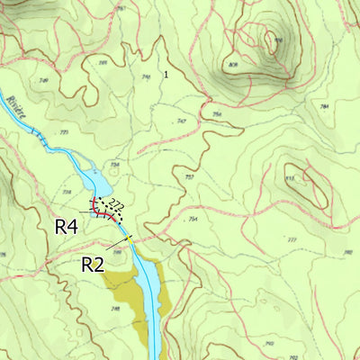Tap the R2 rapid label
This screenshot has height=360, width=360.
click(x=94, y=264)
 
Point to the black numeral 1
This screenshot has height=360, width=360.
click(x=166, y=74)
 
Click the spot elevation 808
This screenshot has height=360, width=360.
click(x=233, y=65)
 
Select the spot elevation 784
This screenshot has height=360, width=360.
click(x=323, y=106)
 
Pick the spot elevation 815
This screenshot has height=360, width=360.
click(x=290, y=180)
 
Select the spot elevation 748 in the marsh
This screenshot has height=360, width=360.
click(x=115, y=309)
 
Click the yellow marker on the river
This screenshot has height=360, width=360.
click(x=130, y=238)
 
